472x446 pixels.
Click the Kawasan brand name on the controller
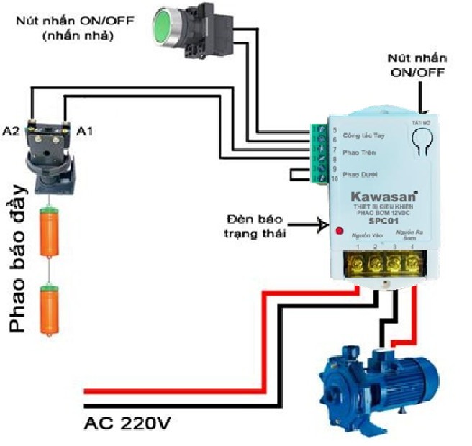pos(374,196)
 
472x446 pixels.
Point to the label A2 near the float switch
pos(11,130)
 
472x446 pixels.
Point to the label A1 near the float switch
pos(85,130)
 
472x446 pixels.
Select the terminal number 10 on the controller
pos(335,178)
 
